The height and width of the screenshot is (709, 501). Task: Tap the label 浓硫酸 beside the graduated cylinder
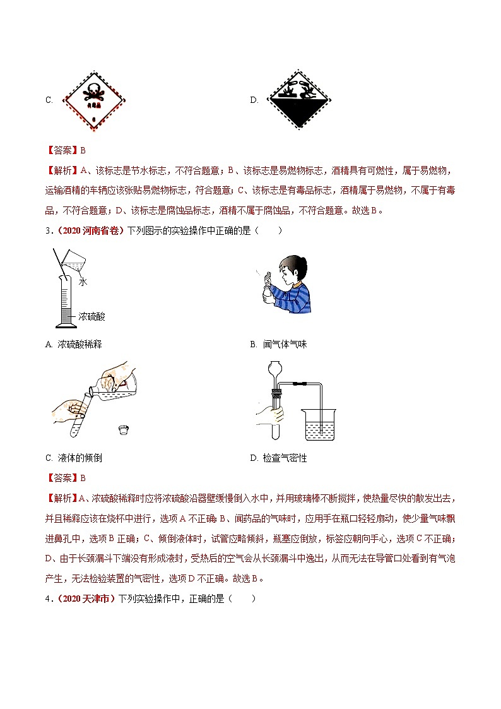[92, 316]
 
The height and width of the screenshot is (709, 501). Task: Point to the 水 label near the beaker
[83, 283]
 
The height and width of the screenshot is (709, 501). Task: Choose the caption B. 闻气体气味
[278, 344]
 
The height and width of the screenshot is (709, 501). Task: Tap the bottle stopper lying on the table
[124, 431]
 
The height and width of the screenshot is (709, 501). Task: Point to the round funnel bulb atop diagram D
[275, 368]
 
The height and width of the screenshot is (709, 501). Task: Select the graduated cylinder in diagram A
[66, 297]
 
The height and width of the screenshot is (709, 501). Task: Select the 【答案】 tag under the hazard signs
[61, 150]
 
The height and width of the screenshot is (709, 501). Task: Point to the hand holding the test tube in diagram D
[268, 415]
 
